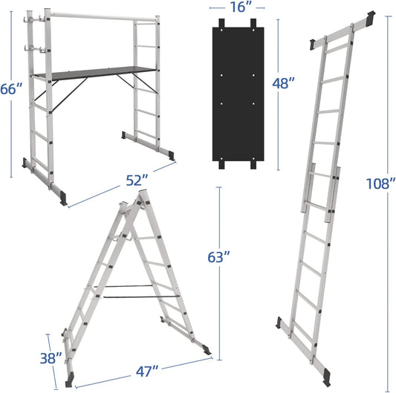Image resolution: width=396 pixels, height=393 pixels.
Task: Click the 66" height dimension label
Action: click(11, 89)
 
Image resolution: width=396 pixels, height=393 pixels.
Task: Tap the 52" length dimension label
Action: click(137, 181)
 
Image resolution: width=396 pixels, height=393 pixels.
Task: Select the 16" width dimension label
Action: click(241, 7)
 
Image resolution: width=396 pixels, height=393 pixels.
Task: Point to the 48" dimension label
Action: click(283, 83)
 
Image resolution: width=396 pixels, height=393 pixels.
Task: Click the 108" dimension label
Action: click(380, 183)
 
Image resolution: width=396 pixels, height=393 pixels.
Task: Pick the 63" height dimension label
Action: click(218, 257)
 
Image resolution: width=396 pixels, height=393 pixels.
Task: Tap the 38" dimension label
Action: click(51, 358)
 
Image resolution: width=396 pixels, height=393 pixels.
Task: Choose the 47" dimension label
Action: click(147, 371)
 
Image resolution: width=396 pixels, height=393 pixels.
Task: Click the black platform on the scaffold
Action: click(94, 73)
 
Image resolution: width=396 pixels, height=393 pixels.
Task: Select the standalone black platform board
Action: click(238, 94)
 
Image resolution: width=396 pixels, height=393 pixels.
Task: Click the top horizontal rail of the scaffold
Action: click(103, 16)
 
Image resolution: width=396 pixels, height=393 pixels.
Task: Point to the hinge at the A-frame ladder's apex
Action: click(132, 207)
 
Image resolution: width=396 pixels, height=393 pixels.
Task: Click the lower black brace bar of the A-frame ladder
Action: click(141, 296)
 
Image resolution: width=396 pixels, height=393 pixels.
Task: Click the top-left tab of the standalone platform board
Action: click(221, 23)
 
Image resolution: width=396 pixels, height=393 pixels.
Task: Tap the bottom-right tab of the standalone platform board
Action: click(253, 165)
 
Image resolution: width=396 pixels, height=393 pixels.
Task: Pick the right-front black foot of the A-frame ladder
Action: click(207, 351)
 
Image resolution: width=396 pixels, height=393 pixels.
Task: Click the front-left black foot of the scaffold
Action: click(63, 198)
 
